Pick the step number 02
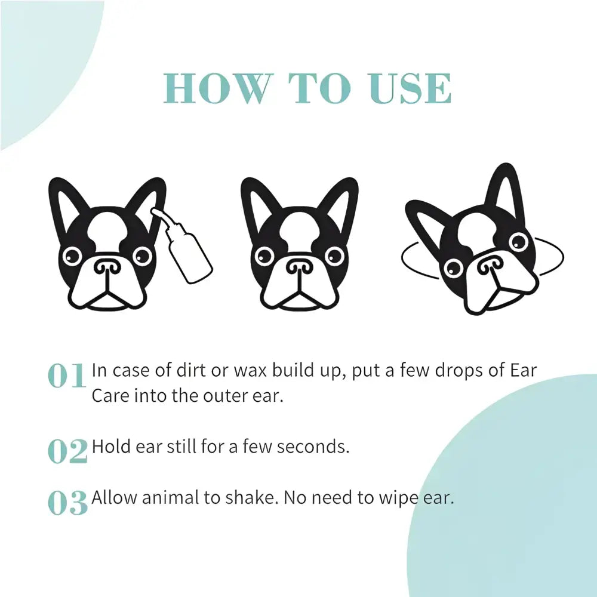67,452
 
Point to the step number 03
67,503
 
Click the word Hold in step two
110,447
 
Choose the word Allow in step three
113,498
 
